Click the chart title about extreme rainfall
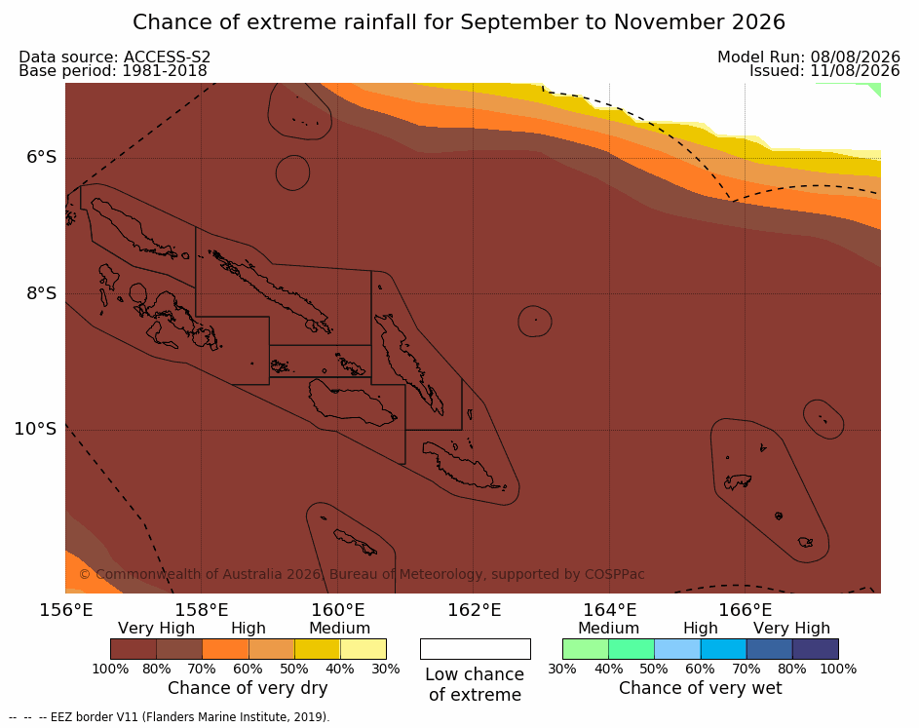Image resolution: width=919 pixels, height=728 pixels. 459,22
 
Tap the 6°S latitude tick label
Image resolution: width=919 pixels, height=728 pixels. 42,157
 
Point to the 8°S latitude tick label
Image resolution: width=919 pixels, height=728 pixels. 42,293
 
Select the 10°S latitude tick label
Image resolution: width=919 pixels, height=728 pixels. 36,429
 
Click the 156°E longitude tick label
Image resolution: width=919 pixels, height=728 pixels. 66,610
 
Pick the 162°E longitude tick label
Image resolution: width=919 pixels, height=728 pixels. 475,610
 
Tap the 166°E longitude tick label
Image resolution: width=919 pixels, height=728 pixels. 747,610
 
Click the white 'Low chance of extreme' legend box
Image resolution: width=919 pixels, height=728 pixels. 476,649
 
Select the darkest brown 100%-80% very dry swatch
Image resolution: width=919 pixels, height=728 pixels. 134,649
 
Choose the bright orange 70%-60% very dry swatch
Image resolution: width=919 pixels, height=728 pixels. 226,649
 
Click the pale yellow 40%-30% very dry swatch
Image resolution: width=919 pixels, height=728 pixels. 364,649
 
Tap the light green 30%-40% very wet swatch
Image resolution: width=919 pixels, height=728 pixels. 586,649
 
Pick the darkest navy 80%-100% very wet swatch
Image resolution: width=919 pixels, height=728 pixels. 816,649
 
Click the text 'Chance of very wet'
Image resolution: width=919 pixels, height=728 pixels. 701,688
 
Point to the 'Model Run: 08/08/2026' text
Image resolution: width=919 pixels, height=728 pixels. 809,57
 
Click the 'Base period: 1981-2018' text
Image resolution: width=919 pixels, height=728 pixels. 113,71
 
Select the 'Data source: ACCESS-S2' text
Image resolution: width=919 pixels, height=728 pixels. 115,57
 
